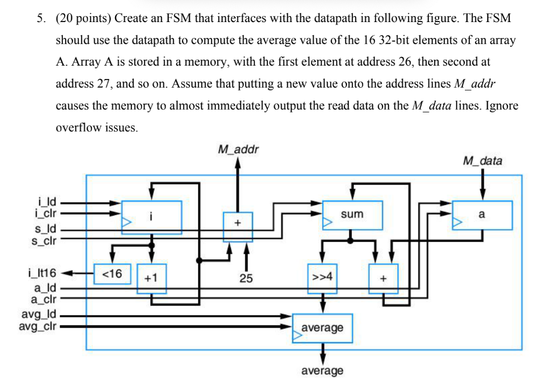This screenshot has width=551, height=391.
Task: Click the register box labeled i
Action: point(152,217)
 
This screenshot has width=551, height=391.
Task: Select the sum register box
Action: point(352,215)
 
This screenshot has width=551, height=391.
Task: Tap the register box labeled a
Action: point(482,215)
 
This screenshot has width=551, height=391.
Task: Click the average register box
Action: point(322,328)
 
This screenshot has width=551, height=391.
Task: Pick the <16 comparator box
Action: point(111,274)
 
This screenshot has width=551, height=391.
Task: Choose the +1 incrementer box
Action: point(151,279)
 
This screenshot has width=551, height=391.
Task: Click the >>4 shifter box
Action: point(322,279)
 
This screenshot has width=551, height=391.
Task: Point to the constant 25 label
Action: point(246,279)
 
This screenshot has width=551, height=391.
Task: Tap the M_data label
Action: point(482,161)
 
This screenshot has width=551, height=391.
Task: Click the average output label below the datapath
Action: point(322,371)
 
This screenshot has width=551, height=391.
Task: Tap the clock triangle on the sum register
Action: point(326,222)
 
